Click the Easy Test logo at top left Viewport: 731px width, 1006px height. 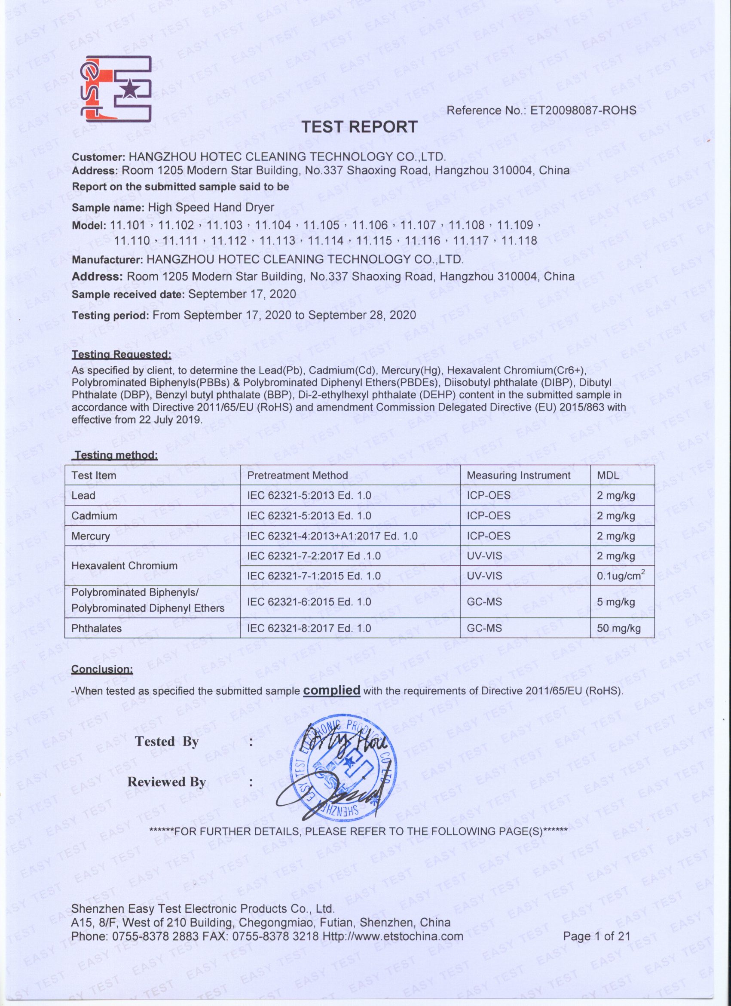click(x=116, y=89)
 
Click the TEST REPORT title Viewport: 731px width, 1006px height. click(x=360, y=127)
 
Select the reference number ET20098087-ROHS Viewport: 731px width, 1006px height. click(x=583, y=110)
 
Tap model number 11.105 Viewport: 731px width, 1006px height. click(x=321, y=225)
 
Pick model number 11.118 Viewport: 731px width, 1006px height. click(x=519, y=241)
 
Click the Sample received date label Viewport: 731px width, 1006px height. click(x=128, y=294)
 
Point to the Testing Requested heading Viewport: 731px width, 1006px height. click(x=122, y=354)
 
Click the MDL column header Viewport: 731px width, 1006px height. click(x=608, y=475)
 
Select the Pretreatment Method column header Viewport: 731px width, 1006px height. click(x=297, y=475)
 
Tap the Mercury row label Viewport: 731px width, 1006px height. click(x=90, y=536)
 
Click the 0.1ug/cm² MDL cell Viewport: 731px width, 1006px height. click(x=620, y=576)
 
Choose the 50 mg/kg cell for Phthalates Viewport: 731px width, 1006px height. click(x=618, y=628)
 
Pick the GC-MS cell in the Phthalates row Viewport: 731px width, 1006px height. click(x=484, y=628)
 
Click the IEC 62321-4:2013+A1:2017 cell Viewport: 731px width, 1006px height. click(x=332, y=536)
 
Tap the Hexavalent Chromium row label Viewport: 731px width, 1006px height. click(x=125, y=566)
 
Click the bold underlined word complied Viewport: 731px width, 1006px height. click(x=331, y=690)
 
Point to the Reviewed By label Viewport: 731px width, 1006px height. click(x=167, y=782)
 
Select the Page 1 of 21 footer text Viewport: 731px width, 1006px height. click(x=596, y=936)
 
